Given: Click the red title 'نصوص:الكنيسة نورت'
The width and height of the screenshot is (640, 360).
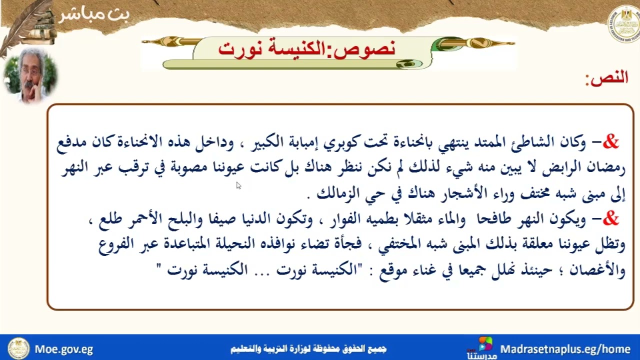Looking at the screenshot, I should [307, 48].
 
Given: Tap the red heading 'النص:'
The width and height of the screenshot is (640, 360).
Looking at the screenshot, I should [606, 78].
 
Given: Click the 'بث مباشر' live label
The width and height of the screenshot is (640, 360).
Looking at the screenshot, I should [94, 15].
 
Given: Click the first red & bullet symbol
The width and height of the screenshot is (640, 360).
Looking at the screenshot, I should [610, 143].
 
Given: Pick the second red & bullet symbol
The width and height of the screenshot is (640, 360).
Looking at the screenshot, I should [610, 219].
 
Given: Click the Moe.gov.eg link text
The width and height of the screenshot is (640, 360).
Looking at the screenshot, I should [63, 349].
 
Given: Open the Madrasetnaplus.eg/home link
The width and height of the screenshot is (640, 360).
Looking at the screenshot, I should [565, 349].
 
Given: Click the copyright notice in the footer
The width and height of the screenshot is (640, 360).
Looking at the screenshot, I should [308, 349].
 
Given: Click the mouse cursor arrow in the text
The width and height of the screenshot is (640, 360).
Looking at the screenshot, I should [238, 185].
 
